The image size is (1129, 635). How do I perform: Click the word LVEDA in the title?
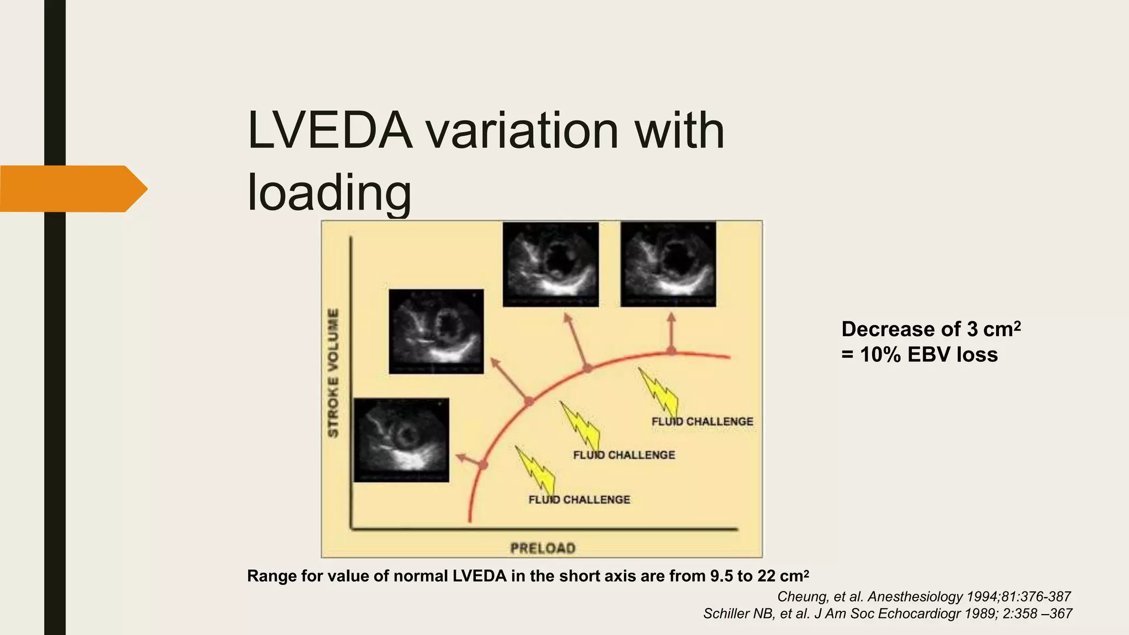pos(330,131)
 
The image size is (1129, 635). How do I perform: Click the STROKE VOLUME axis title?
pos(334,373)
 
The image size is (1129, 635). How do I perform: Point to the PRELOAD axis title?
pos(542,548)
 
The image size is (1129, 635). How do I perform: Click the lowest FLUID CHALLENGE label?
pos(579,499)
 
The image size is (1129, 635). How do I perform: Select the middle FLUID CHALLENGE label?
pos(623,455)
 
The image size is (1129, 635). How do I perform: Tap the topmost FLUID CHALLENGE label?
pos(702,421)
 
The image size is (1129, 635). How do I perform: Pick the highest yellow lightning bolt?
pos(658,392)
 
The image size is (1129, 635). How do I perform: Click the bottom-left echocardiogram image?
pos(401,440)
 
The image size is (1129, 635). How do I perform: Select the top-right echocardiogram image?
pos(668,264)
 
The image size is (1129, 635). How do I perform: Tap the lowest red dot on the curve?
pos(483,465)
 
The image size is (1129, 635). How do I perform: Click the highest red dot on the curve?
pos(671,350)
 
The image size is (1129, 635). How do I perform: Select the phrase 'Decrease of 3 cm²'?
pos(931,329)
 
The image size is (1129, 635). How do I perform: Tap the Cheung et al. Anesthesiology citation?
pos(923,596)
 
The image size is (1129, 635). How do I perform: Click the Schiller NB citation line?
pos(888,614)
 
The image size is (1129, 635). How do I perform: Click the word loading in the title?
pos(329,193)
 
